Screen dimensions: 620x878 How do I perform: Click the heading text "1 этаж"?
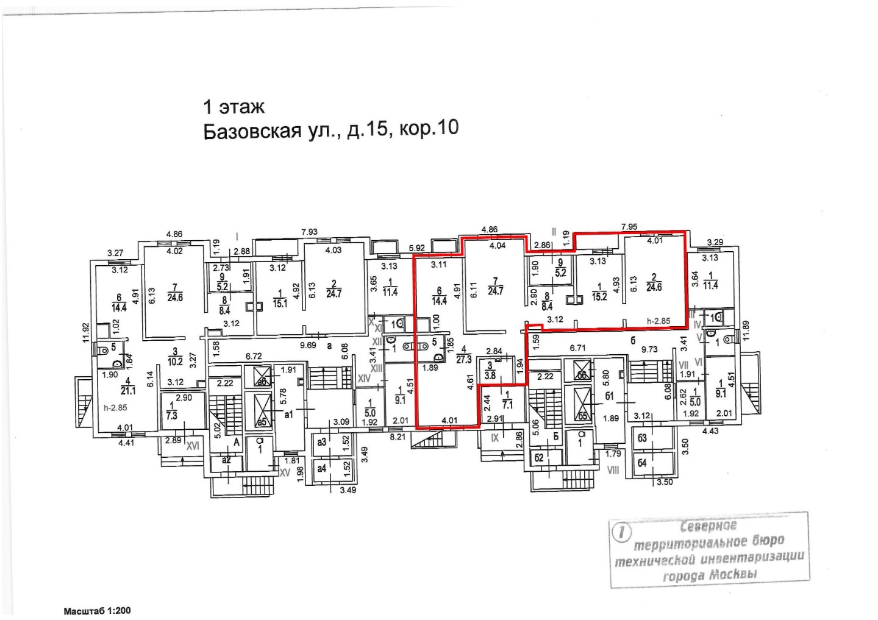[x=234, y=107]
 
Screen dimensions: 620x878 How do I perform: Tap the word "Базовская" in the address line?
[x=251, y=131]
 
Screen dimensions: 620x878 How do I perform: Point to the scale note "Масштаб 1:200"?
[x=97, y=610]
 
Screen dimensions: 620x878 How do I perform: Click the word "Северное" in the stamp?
[x=708, y=526]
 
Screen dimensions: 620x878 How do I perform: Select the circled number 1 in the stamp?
[x=622, y=532]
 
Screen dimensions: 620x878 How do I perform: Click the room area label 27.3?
[x=464, y=360]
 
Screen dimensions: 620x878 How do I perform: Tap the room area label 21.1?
[x=128, y=390]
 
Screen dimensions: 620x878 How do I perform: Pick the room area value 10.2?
[x=175, y=361]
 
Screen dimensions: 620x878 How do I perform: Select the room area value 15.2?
[x=599, y=298]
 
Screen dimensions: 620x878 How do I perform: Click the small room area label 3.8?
[x=490, y=376]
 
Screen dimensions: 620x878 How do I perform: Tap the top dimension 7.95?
[x=629, y=227]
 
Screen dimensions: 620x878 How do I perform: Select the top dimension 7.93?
[x=310, y=232]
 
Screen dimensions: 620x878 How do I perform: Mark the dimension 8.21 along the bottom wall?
[x=398, y=436]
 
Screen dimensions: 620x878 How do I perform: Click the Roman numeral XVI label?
[x=193, y=446]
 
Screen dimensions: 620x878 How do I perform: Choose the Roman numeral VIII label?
[x=613, y=470]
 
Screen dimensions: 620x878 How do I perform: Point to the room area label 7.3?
[x=172, y=415]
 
